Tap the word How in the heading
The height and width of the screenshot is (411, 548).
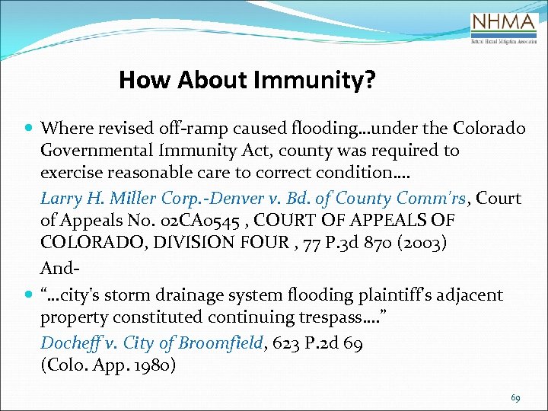(142, 80)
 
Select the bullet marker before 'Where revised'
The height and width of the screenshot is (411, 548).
(28, 128)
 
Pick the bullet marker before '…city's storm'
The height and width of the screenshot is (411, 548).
(28, 295)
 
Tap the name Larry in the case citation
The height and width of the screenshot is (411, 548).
(62, 199)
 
